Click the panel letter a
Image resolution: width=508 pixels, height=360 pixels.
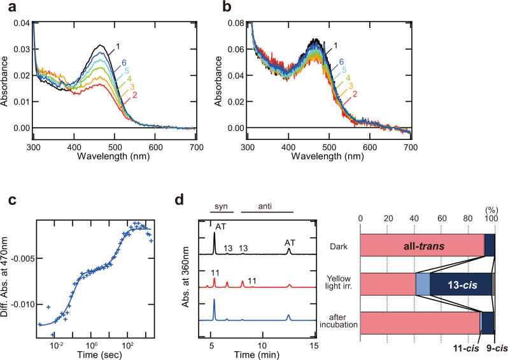[6, 7]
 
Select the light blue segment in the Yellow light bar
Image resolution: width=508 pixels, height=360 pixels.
[423, 284]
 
